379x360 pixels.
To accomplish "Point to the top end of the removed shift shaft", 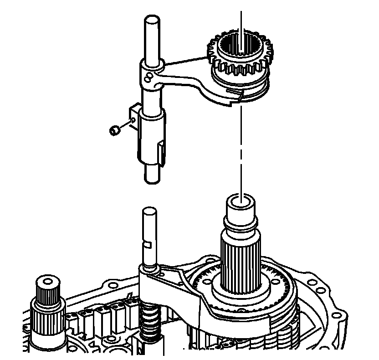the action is (x=151, y=21).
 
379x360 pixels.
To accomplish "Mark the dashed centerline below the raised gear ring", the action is (x=240, y=150).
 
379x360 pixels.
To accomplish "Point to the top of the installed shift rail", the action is (x=149, y=212).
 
